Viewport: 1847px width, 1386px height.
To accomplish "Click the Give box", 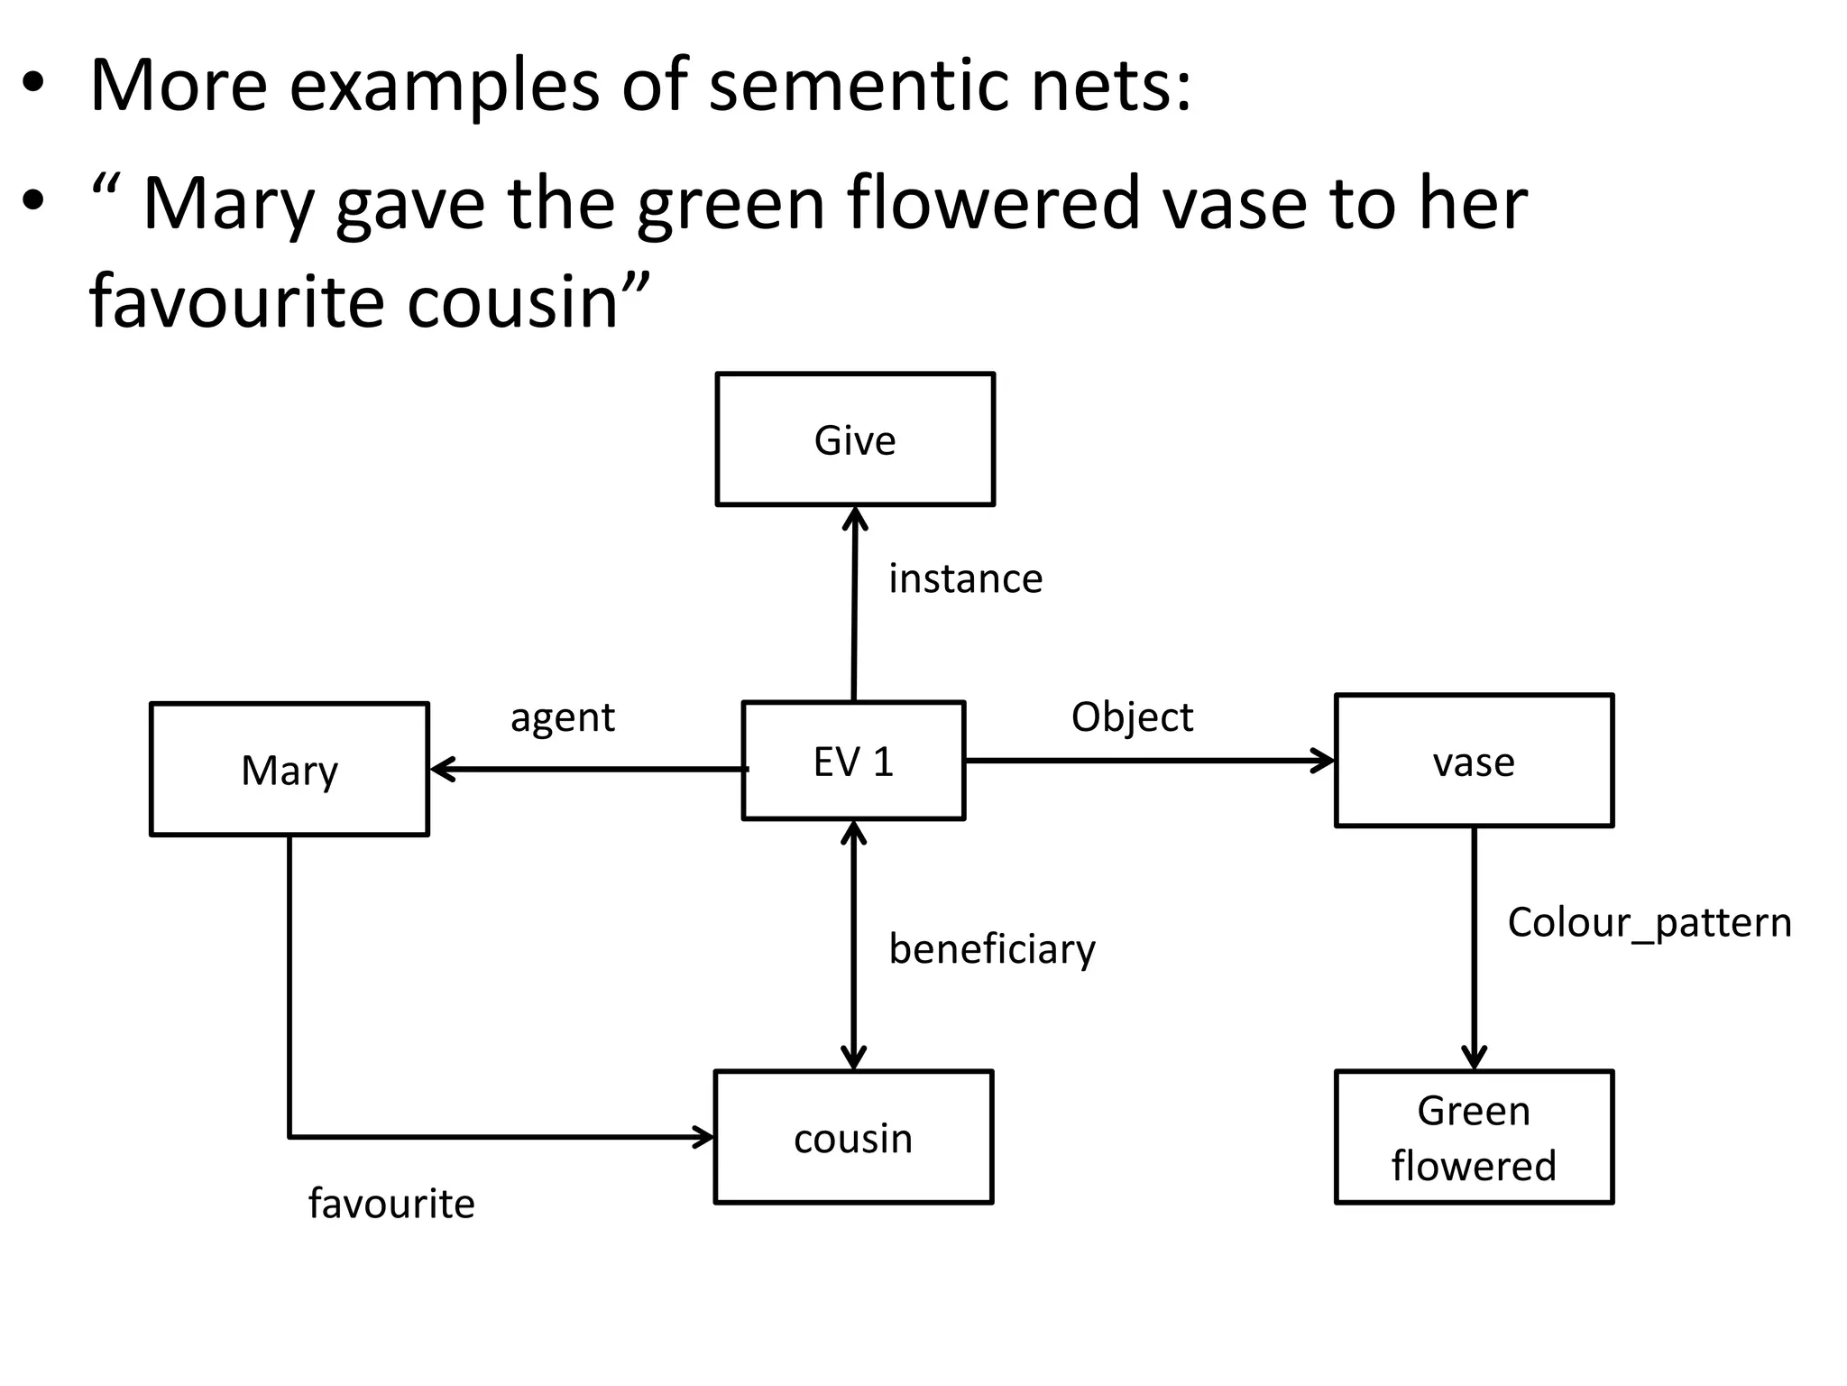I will click(x=855, y=439).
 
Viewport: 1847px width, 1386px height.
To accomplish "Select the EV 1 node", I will click(x=853, y=761).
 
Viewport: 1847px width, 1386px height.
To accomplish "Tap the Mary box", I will click(x=289, y=770).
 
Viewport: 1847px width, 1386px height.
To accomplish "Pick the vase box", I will click(x=1474, y=761).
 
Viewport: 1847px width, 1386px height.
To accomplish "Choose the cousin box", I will click(x=853, y=1137).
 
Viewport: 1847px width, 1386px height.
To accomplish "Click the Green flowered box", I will click(x=1474, y=1137).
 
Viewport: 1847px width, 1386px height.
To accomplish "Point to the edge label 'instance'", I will click(x=965, y=578).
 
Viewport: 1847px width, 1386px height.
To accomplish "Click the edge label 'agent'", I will click(x=563, y=718).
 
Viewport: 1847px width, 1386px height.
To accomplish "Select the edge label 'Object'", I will click(x=1132, y=717).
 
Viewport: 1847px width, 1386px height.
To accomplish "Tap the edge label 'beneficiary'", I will click(x=992, y=949).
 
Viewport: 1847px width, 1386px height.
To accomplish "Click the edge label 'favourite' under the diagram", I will click(x=391, y=1204).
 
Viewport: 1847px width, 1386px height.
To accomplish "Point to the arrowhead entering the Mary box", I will click(x=440, y=770).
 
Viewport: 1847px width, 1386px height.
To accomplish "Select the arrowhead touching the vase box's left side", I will click(x=1325, y=761).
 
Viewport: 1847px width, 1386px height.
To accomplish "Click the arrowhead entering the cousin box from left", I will click(x=704, y=1137).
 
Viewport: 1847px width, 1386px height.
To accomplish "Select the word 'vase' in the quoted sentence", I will click(x=1234, y=203).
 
